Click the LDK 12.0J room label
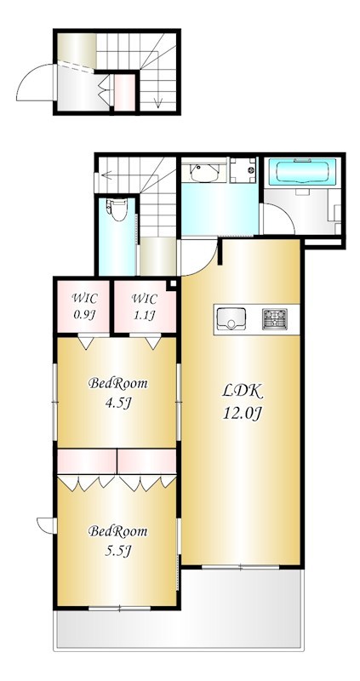243,402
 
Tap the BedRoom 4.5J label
118,392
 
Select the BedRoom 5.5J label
118,539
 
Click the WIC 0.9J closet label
84,306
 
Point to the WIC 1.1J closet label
144,306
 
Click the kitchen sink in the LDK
231,318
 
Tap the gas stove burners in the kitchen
275,318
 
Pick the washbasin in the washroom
202,174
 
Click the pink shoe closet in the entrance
124,92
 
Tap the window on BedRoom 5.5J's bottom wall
118,607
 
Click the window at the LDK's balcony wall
241,565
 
